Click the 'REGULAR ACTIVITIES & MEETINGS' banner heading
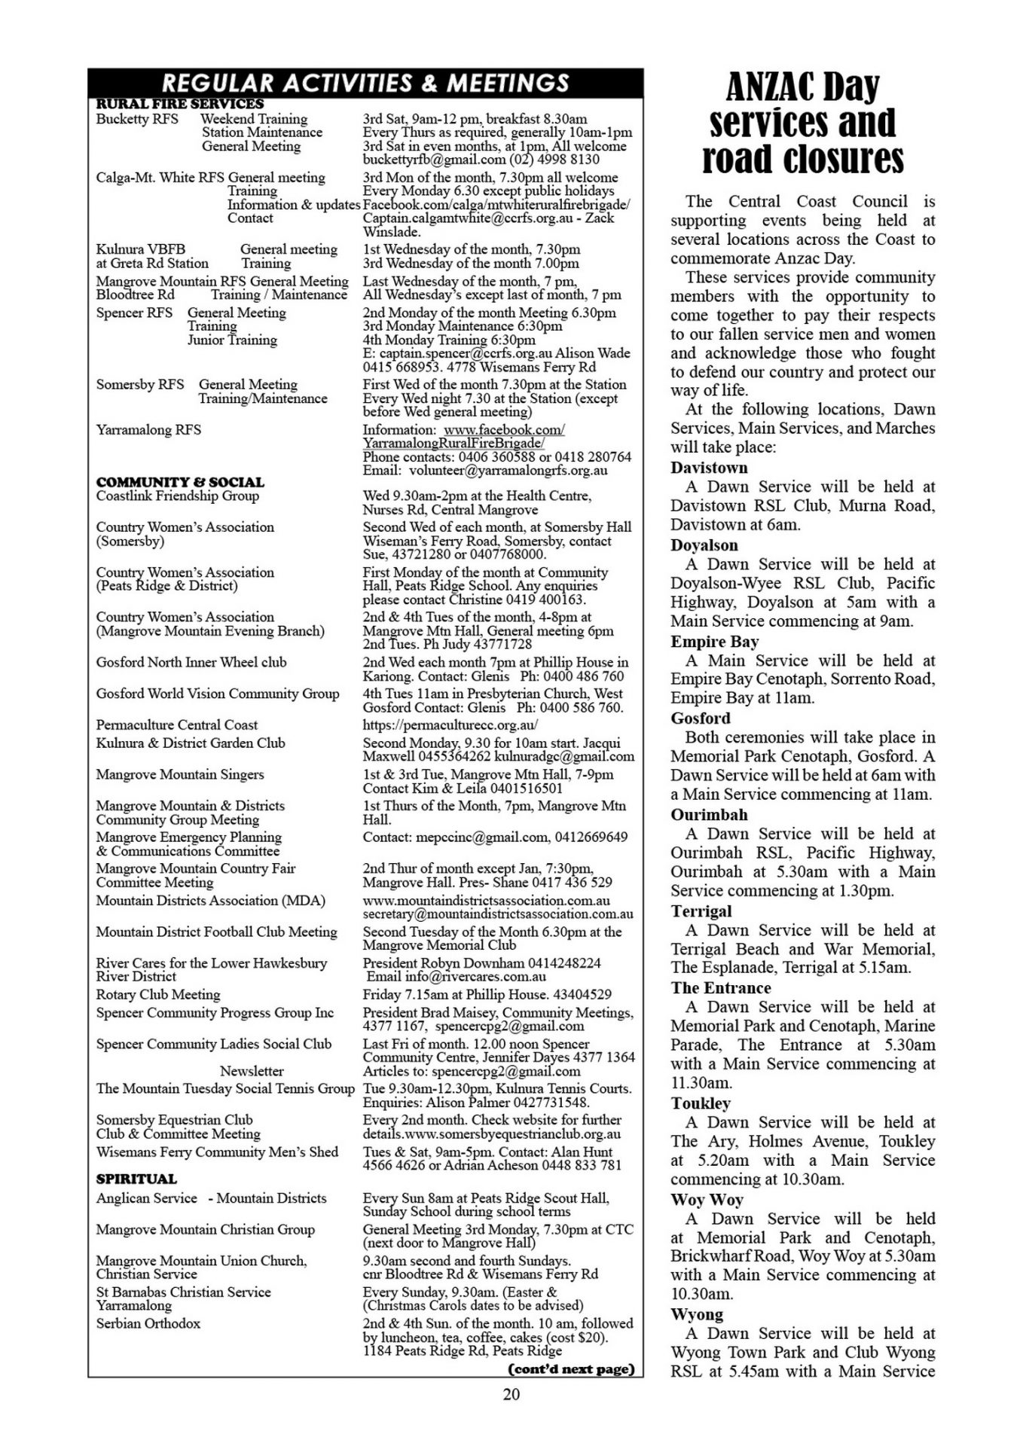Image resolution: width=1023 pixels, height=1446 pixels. coord(365,82)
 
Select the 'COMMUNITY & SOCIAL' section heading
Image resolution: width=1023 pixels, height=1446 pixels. coord(180,482)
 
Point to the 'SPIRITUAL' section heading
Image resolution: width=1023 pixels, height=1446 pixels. coord(136,1179)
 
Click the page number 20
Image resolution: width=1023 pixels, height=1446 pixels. coord(511,1394)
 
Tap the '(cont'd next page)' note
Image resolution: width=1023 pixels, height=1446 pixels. coord(571,1368)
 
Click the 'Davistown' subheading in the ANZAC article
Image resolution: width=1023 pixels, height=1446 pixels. coord(709,468)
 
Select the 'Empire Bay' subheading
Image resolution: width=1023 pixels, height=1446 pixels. coord(714,642)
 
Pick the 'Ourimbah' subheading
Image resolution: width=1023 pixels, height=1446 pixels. coord(709,815)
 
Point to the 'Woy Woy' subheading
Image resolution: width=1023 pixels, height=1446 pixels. coord(707,1200)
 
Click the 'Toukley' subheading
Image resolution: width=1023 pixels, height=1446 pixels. coord(701,1103)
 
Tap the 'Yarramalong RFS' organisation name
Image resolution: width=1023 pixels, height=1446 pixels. coord(148,430)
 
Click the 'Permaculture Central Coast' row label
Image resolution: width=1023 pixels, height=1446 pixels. coord(176,725)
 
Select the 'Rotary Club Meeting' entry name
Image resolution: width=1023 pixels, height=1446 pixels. coord(158,994)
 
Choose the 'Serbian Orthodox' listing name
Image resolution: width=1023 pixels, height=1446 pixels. coord(148,1323)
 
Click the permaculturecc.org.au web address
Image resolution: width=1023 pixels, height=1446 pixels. coord(450,725)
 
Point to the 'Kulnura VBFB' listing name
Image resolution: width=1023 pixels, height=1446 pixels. coord(140,249)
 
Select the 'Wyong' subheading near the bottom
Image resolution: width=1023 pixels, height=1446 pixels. coord(697,1314)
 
